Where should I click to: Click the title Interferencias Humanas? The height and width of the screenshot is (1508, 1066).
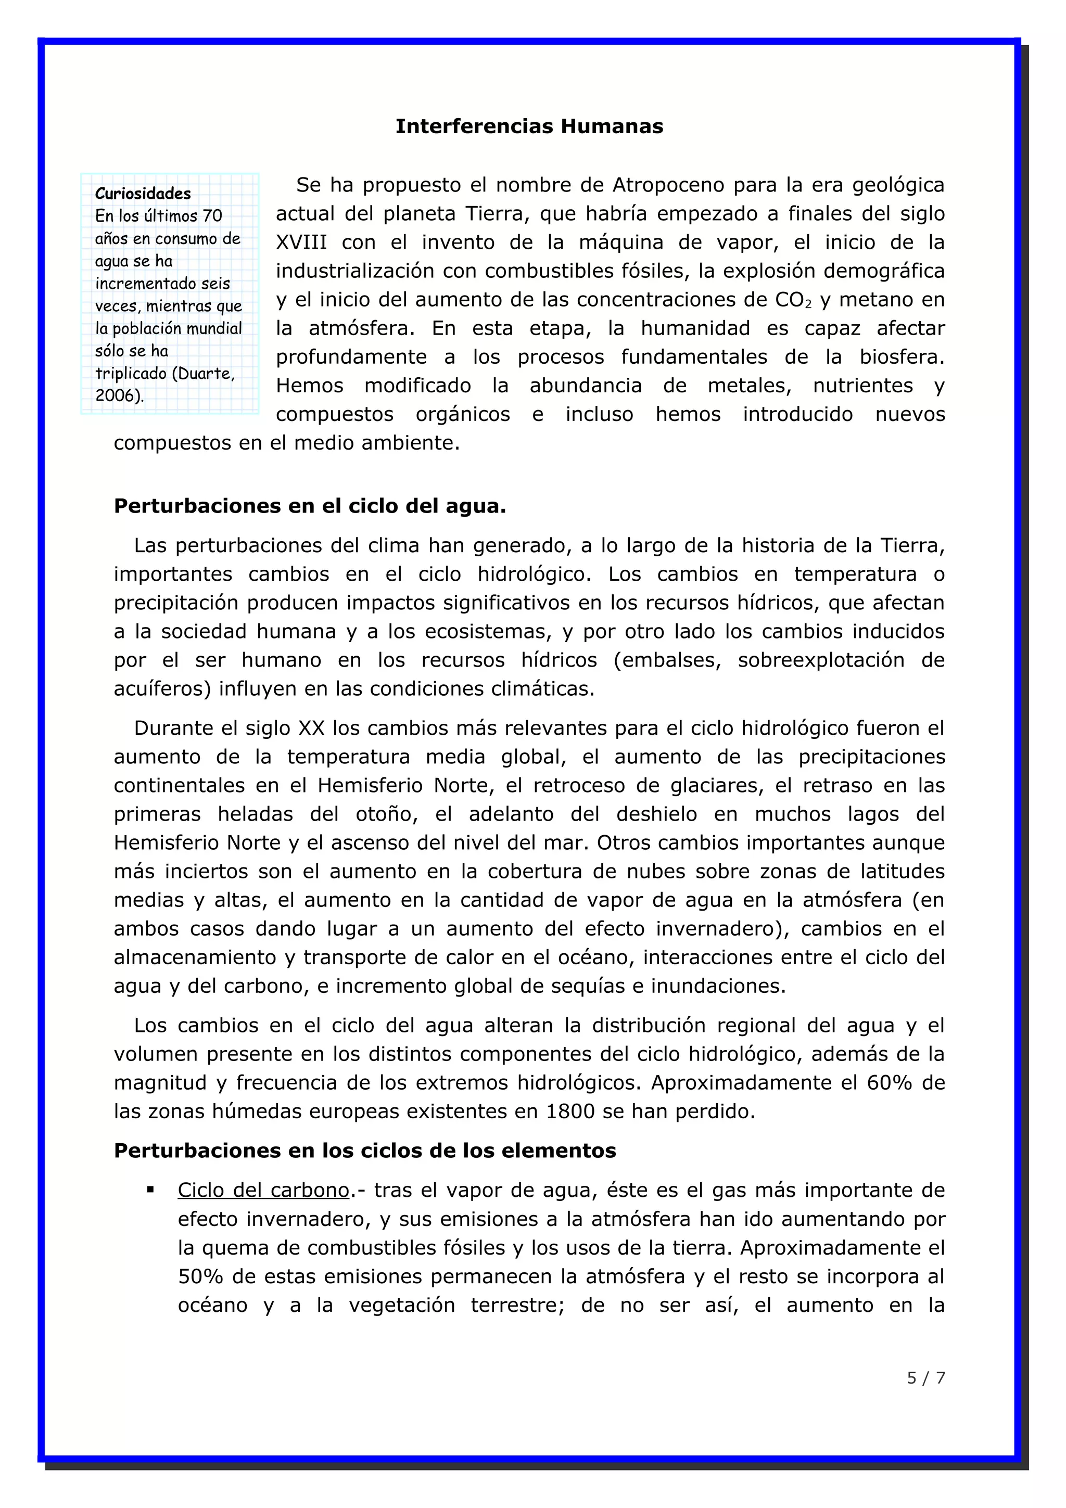(x=529, y=126)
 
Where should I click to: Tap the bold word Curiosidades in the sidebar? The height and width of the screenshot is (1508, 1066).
(x=143, y=194)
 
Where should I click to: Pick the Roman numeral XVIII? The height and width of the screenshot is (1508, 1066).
(x=301, y=242)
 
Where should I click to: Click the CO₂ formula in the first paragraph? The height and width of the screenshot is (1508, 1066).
(x=793, y=300)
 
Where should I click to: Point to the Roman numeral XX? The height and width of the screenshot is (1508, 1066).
(x=312, y=729)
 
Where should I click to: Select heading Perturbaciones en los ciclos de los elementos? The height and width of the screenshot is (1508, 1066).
(x=364, y=1151)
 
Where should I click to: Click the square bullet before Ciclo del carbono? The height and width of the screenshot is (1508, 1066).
(x=150, y=1190)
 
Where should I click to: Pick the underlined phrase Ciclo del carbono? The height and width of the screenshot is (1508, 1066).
(x=263, y=1191)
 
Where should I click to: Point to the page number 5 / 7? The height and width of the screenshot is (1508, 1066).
(x=925, y=1378)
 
